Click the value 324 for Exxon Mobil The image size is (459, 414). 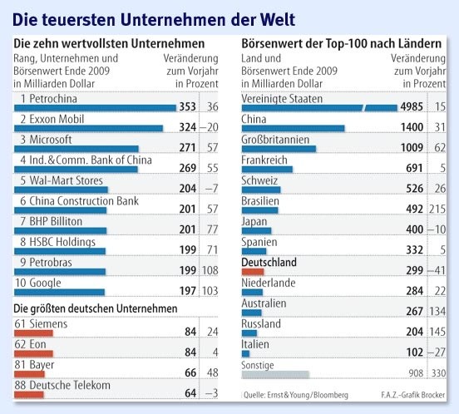pos(187,127)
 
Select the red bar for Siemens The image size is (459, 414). pos(34,333)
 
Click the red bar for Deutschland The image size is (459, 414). pos(252,271)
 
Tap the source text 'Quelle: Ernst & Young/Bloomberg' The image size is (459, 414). pos(295,394)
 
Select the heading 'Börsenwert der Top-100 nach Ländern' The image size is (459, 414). pos(340,42)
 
